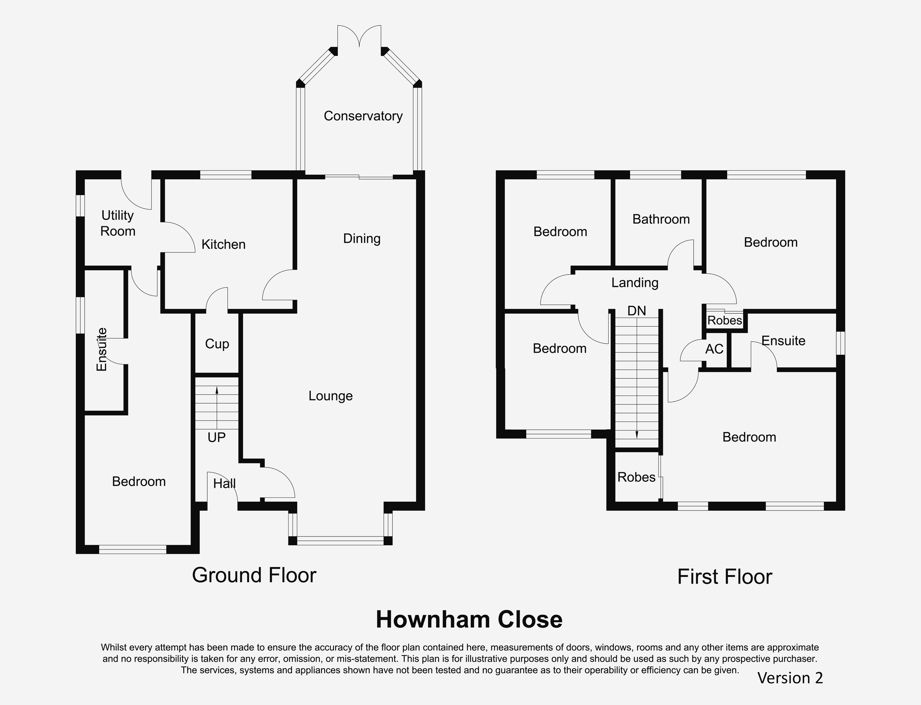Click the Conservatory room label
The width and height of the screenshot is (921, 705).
pos(363,116)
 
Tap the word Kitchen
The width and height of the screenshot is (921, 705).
pos(223,244)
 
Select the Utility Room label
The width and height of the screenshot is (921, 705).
pos(118,223)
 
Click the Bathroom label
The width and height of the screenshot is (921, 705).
pos(661,219)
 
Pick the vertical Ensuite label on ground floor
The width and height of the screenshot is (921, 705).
pos(102,350)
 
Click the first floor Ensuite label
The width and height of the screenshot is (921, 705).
pos(783,341)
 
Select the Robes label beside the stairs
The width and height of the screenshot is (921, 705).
pos(636,477)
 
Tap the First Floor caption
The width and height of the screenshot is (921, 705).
pos(724,577)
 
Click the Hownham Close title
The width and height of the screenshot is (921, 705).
pos(469,619)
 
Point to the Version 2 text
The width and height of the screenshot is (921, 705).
pos(790,678)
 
